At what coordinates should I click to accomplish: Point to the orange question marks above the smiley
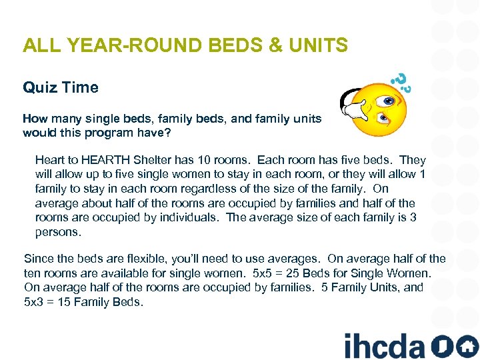click(x=400, y=81)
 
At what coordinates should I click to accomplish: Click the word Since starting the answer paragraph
click(x=38, y=259)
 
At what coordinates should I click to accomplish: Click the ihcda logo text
click(x=384, y=345)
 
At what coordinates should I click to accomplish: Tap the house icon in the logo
click(x=466, y=346)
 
